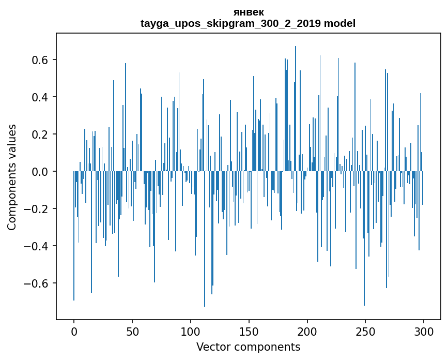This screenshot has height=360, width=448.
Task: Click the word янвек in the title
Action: point(248,12)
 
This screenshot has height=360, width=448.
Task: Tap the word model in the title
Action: point(339,23)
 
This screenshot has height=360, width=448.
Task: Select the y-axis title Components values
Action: point(12,177)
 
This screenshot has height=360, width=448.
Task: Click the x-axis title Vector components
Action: point(248,347)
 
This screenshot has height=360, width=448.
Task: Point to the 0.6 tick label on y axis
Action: point(40,60)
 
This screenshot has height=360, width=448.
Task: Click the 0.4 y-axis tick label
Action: point(40,97)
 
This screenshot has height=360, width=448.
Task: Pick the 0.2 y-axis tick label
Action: point(40,134)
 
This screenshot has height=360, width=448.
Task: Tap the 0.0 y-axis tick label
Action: point(40,172)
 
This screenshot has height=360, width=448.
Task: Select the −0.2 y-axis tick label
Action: point(37,209)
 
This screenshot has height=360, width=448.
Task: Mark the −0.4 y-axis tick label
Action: point(37,246)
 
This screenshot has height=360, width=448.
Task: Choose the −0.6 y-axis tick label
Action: point(37,283)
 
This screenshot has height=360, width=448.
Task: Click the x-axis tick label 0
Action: point(74,331)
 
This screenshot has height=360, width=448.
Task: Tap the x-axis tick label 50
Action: point(132,331)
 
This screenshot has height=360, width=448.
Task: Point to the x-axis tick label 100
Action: point(191,331)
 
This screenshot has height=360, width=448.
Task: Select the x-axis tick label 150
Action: point(249,331)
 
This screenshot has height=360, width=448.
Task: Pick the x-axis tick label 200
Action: point(307,331)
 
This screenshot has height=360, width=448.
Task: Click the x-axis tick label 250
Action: point(366,331)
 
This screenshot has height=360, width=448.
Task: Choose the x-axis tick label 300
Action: point(424,331)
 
